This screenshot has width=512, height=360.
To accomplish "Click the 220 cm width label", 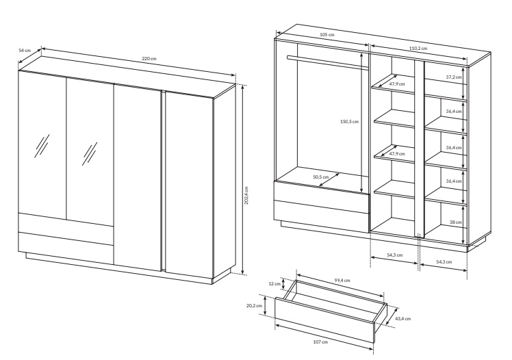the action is click(x=149, y=59).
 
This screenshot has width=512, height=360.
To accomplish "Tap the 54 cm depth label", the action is click(x=25, y=50).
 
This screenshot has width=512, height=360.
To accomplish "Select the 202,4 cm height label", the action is click(x=246, y=196).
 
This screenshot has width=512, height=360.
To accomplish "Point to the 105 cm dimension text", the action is click(x=327, y=34).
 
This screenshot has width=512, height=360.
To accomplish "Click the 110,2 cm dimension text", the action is click(x=418, y=49).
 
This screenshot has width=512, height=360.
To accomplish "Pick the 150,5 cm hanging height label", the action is click(x=349, y=121).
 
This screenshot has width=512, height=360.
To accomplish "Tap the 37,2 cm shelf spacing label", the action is click(x=454, y=77).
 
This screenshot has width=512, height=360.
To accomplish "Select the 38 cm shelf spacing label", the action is click(x=455, y=222).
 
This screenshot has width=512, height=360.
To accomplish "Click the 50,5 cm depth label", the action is click(x=320, y=177).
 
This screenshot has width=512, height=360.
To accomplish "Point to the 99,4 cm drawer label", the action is click(x=342, y=280).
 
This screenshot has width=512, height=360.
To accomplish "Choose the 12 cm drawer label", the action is click(x=274, y=283).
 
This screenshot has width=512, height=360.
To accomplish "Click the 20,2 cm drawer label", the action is click(x=254, y=305).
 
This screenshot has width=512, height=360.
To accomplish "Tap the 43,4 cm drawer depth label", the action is click(x=403, y=318).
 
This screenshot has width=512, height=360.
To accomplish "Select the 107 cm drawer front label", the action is click(x=320, y=342).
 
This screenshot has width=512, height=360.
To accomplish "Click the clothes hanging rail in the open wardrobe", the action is click(x=328, y=63).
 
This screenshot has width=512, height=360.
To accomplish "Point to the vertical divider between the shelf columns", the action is click(x=420, y=149).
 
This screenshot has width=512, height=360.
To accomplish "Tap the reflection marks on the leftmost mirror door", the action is click(x=42, y=146).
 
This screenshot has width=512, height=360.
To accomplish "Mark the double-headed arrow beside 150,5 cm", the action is click(x=361, y=123).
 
